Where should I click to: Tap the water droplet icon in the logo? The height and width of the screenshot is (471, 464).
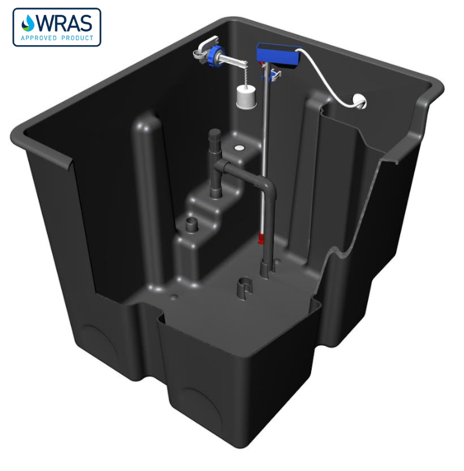[x=28, y=24]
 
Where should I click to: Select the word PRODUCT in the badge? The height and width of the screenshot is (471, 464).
[x=81, y=38]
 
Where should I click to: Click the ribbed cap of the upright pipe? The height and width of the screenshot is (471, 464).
[x=214, y=137]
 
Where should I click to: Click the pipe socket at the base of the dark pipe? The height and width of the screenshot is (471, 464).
[x=264, y=268]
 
